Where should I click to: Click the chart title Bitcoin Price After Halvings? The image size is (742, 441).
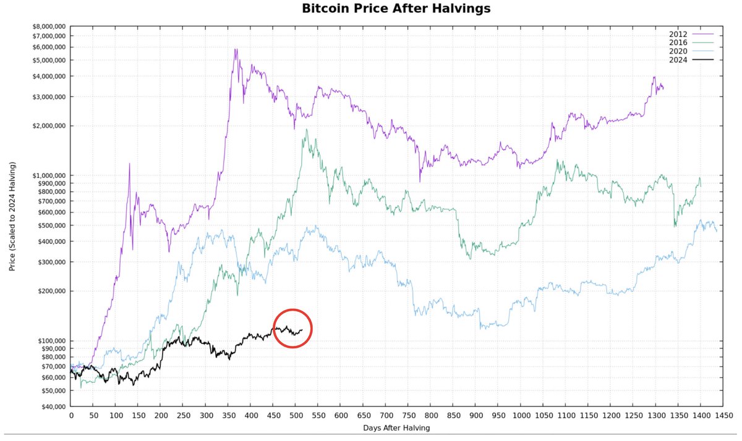[387, 9]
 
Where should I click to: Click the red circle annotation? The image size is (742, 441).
[292, 328]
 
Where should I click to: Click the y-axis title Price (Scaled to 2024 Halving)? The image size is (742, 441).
[12, 217]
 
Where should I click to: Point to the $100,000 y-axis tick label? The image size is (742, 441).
[49, 341]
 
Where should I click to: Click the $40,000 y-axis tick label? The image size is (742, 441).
[50, 406]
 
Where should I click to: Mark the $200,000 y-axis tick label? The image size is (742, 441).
[49, 291]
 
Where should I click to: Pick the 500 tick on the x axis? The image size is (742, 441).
[296, 416]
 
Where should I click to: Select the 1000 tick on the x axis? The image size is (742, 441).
[521, 416]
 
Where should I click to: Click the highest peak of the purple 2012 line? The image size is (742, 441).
[236, 49]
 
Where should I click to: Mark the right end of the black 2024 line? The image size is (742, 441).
[302, 330]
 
